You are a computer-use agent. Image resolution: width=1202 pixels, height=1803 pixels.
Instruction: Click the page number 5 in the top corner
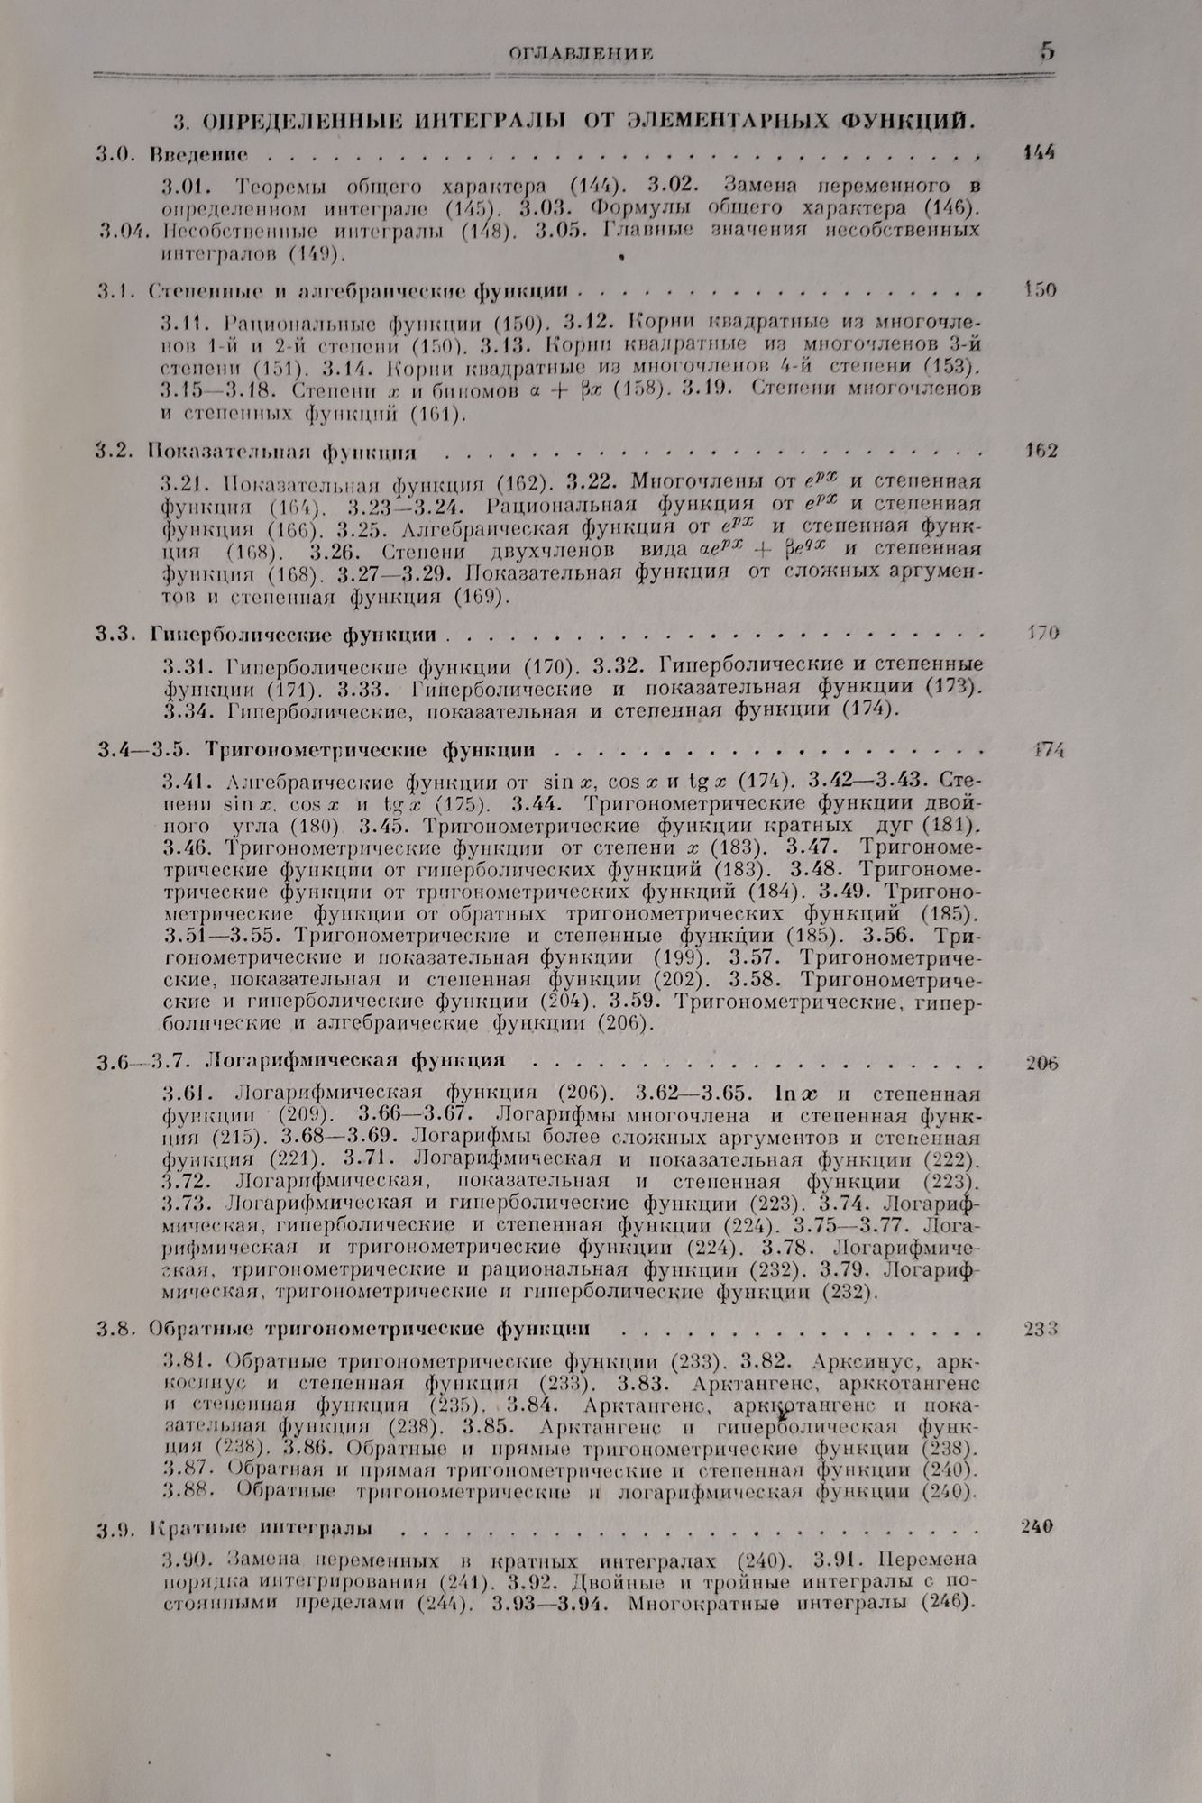[1045, 50]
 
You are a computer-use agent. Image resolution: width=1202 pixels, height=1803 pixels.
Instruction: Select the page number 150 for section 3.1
[1041, 290]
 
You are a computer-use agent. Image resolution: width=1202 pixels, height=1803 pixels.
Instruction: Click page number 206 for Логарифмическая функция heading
[1041, 1063]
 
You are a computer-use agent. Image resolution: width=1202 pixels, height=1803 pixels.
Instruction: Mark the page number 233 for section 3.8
[1041, 1329]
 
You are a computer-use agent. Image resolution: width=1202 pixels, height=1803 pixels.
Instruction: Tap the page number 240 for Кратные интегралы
[1041, 1527]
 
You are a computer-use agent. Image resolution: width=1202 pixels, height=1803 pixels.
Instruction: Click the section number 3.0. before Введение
[116, 153]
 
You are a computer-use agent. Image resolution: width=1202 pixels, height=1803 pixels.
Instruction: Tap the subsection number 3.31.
[187, 666]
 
